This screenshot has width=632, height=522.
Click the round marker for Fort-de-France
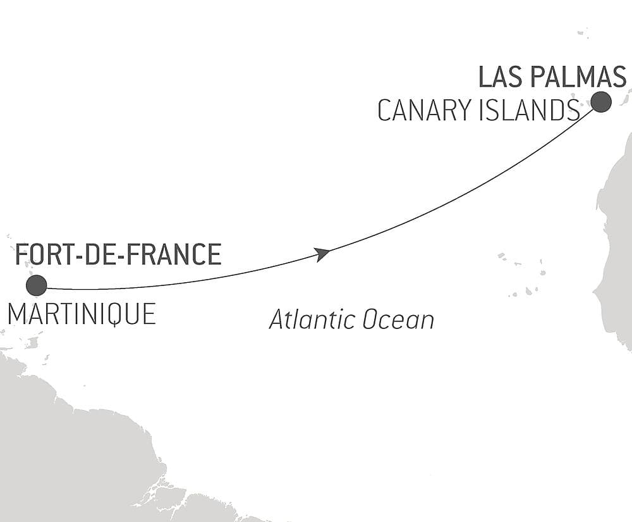tap(37, 285)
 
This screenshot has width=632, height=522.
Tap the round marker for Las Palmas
tap(601, 102)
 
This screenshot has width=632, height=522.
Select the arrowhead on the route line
tap(322, 254)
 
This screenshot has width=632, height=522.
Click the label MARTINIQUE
tap(82, 314)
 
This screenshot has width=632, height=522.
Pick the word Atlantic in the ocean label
tap(308, 320)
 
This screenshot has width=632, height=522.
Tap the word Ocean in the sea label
tap(394, 320)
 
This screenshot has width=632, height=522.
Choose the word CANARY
tap(423, 111)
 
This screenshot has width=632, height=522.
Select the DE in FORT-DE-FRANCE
tap(99, 254)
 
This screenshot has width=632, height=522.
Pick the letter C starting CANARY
tap(384, 111)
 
